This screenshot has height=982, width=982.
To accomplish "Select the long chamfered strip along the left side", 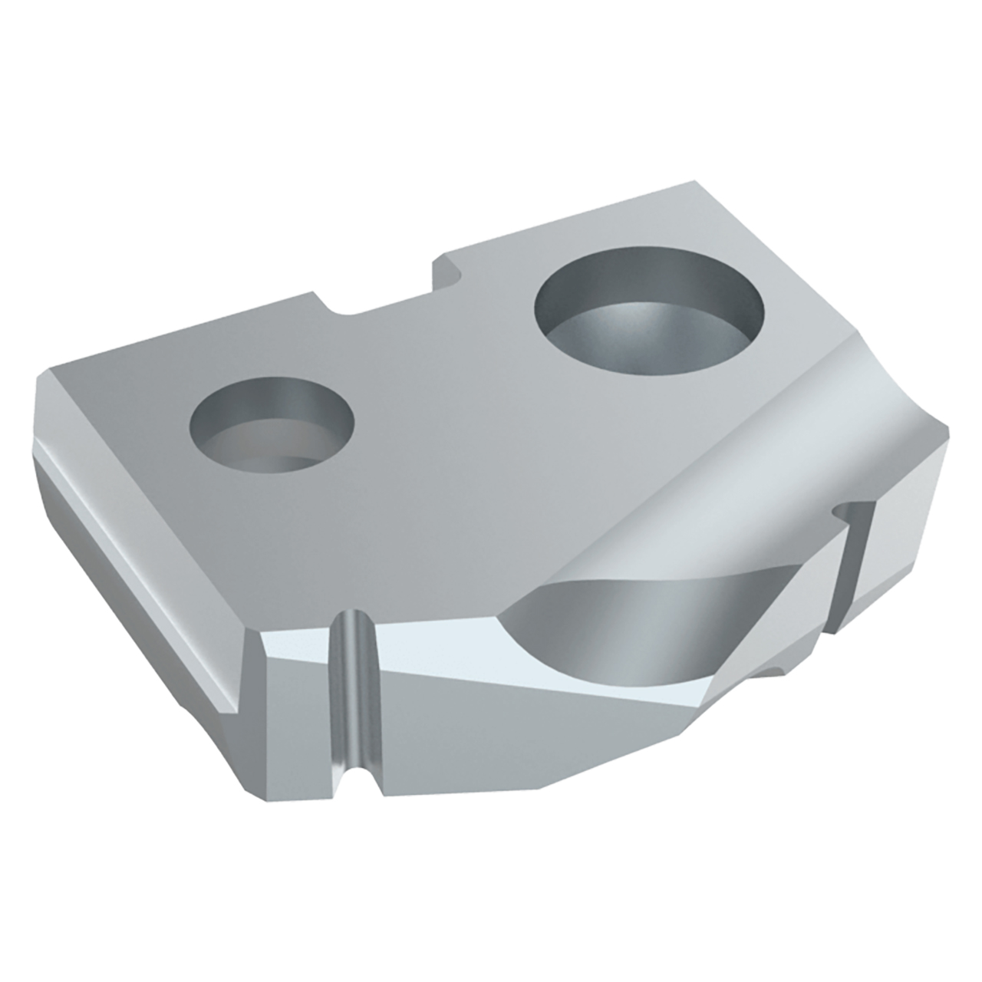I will (138, 560).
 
